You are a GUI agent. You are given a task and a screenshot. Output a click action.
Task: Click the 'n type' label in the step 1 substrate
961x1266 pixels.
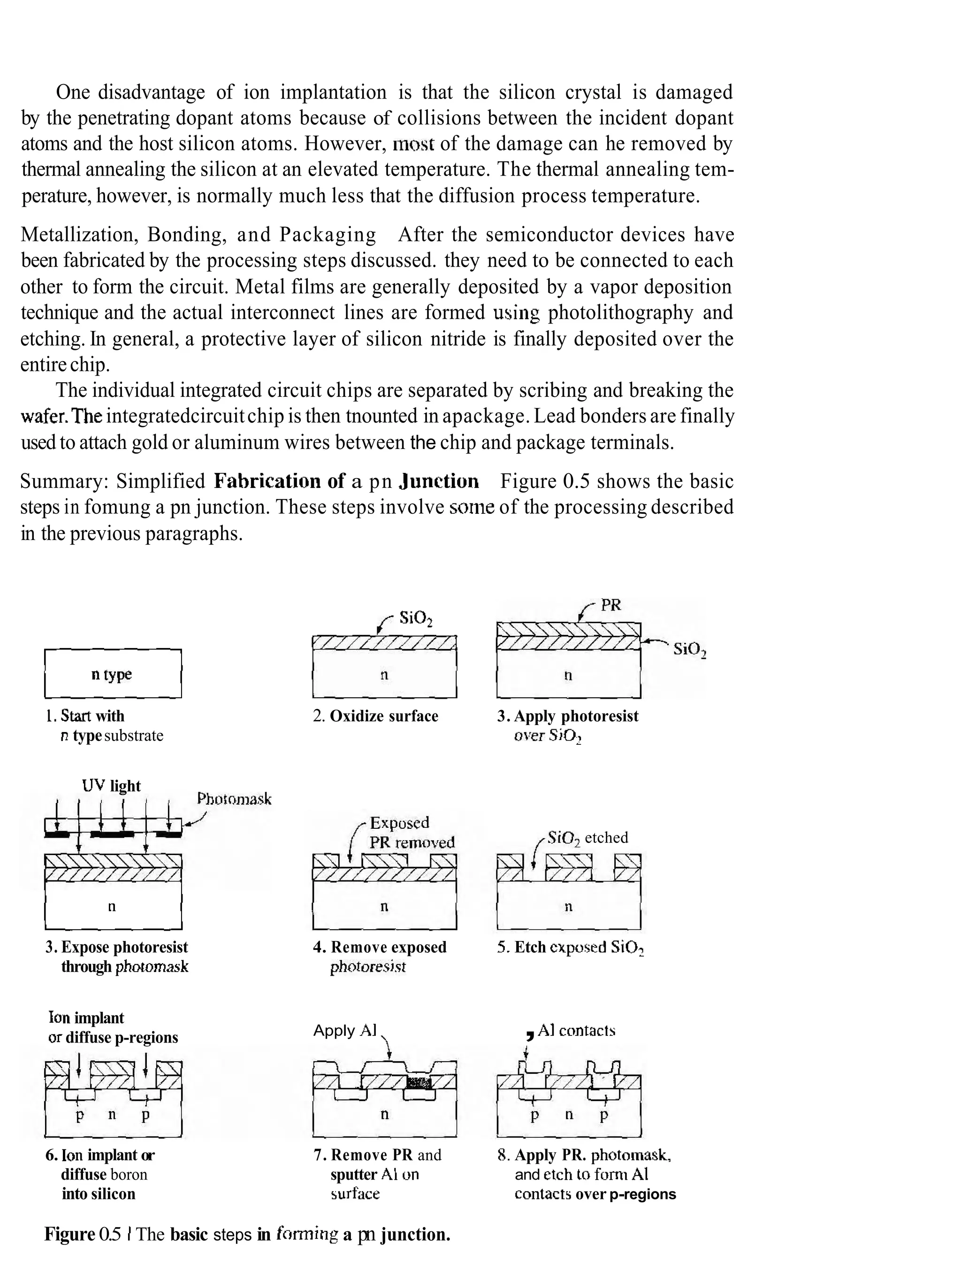point(112,674)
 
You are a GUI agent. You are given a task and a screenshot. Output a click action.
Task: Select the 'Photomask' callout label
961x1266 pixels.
point(234,798)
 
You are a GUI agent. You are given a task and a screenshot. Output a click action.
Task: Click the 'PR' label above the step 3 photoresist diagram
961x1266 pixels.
point(610,605)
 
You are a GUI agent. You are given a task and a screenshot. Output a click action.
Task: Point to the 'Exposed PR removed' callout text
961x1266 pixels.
point(411,832)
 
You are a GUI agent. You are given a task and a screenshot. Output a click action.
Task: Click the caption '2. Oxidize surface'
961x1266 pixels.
point(375,716)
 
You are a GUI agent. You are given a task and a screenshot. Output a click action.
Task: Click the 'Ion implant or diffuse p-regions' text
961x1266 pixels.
point(113,1028)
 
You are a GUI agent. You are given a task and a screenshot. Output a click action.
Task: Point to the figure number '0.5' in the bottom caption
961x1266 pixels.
point(110,1234)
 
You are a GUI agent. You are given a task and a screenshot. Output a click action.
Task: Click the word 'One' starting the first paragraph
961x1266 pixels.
point(73,92)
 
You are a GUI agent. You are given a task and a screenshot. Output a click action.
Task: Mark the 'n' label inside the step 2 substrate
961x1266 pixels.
point(384,675)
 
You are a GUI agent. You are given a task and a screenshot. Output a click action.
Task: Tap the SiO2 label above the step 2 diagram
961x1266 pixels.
point(416,618)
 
